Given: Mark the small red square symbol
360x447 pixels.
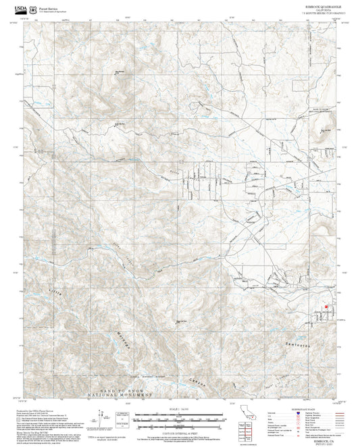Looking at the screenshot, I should pos(326,306).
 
